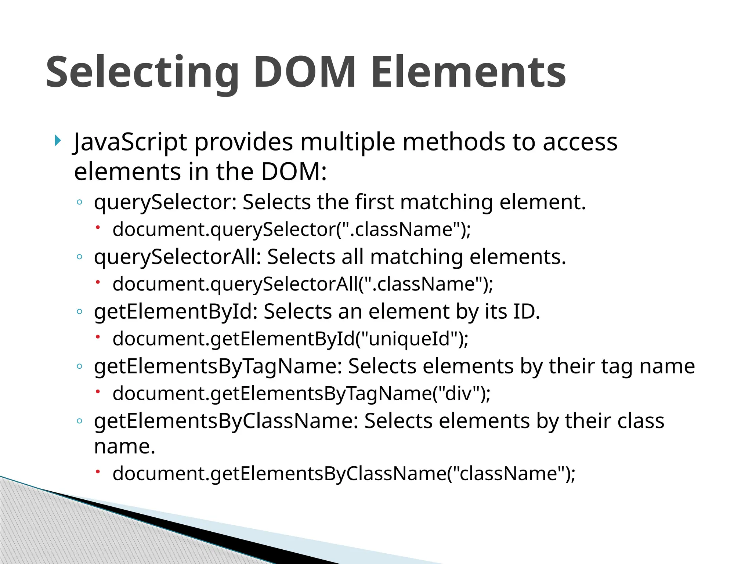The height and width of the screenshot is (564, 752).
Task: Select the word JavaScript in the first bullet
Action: [x=130, y=142]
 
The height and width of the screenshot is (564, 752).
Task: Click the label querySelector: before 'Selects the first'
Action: [x=166, y=202]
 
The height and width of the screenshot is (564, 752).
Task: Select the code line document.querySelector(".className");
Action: [x=292, y=229]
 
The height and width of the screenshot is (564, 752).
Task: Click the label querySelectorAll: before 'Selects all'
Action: [x=178, y=257]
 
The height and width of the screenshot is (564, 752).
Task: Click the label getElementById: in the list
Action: [x=176, y=312]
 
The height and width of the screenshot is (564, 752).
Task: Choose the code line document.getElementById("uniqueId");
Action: [x=290, y=339]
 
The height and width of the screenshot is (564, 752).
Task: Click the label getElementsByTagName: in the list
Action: [x=218, y=366]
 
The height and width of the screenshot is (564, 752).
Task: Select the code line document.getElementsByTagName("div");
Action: [x=301, y=394]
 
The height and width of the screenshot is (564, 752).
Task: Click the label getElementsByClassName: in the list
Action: [x=226, y=421]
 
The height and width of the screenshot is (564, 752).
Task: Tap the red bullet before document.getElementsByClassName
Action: [x=98, y=472]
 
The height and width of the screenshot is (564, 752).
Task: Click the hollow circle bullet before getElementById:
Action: [x=79, y=312]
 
